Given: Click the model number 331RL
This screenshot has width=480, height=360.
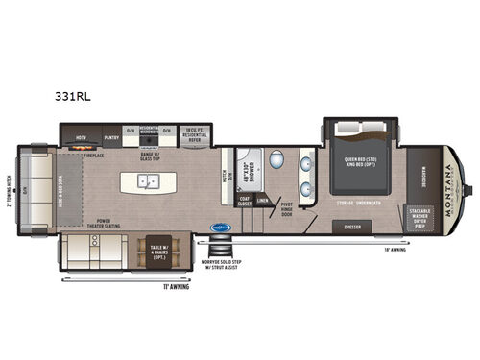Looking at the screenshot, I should (74, 98).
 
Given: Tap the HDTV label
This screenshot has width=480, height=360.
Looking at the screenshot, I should (82, 138).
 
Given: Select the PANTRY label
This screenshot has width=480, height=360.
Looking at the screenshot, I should (109, 138).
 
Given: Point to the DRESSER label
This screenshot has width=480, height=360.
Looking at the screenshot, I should (351, 228).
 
